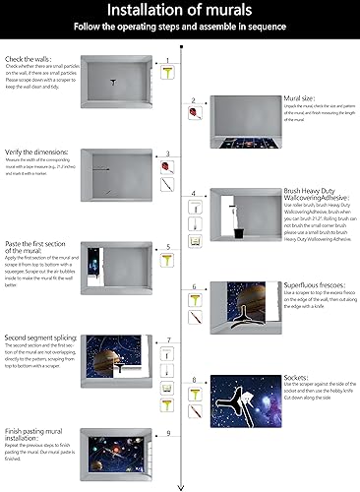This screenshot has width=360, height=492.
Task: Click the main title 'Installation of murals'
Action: pyautogui.click(x=180, y=11)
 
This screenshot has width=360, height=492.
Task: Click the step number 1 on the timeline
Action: pyautogui.click(x=167, y=61)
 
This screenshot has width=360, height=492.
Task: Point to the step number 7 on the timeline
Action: pyautogui.click(x=167, y=339)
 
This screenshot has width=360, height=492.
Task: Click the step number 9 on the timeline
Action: pyautogui.click(x=167, y=432)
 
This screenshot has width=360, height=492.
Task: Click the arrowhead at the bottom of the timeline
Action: pyautogui.click(x=180, y=484)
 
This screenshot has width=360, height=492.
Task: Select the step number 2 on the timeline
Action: pyautogui.click(x=194, y=99)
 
